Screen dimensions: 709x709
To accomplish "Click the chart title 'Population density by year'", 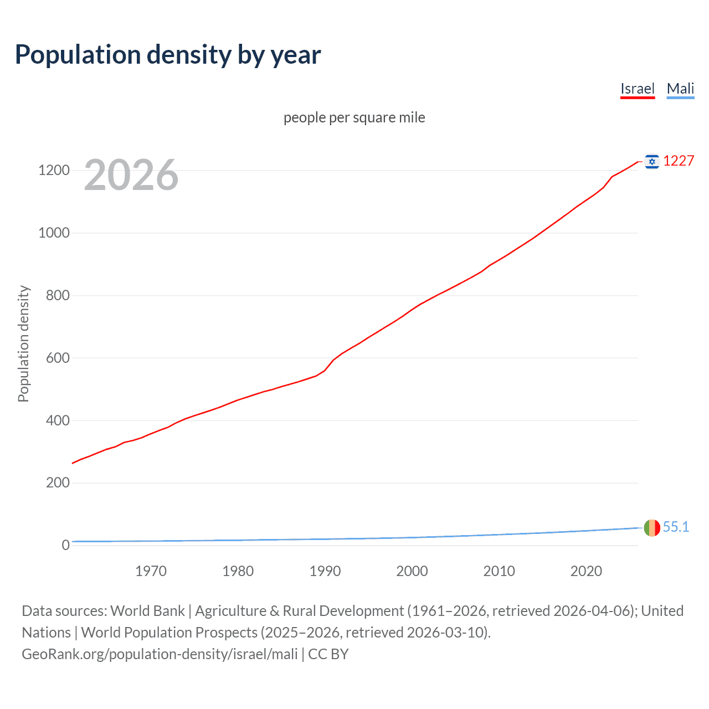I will coord(168,55).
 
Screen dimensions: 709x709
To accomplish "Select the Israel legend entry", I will coord(637,89).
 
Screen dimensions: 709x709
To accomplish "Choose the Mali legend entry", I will coord(680,89).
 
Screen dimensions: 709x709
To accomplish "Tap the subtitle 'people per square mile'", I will coord(354,117).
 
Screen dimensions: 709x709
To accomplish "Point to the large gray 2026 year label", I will coord(131,175).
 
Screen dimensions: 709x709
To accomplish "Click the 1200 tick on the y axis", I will coord(54,170).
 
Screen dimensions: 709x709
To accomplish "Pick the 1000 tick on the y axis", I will coord(54,233).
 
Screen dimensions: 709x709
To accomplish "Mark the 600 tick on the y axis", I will coord(58,358).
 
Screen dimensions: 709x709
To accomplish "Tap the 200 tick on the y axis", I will coord(58,482).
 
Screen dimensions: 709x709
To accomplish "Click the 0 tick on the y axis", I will coord(65,545).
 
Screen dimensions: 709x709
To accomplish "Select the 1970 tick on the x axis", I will coord(151,571).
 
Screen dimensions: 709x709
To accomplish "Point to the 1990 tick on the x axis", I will coord(325,571).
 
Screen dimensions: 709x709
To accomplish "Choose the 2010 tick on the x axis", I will coord(499,571).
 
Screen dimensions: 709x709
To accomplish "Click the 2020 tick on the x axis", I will coord(586,571).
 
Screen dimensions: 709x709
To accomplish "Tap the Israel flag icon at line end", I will coord(652,161).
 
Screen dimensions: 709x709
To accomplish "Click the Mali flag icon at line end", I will coord(652,528).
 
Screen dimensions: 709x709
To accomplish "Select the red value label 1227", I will coord(679,161).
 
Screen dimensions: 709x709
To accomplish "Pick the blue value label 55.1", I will coord(676,527).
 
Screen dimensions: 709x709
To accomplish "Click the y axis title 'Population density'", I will coord(23,343).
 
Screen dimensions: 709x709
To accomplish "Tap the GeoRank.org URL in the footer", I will coord(160,654).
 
